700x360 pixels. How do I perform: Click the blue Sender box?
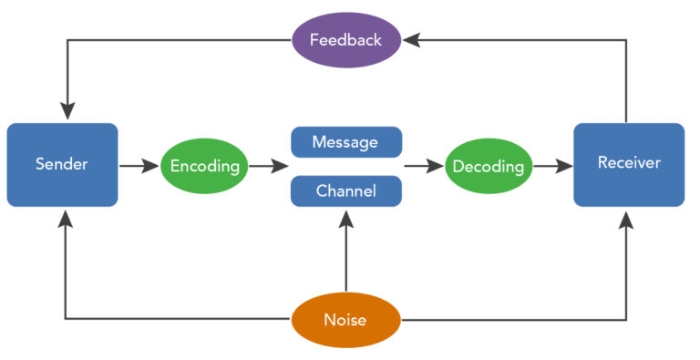[62, 165]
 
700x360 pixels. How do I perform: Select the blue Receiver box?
[629, 165]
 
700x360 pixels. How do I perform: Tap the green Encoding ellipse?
[204, 166]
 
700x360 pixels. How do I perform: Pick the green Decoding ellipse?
[489, 166]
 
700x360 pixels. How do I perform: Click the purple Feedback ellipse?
[345, 40]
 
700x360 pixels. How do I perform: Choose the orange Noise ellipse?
[345, 320]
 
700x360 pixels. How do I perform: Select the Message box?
[345, 142]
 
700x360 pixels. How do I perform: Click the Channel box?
[345, 191]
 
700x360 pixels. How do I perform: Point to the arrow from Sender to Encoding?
[139, 166]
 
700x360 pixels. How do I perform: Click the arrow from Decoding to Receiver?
[552, 166]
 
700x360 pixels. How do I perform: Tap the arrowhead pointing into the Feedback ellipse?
[411, 40]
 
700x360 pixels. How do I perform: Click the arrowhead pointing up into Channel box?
[345, 217]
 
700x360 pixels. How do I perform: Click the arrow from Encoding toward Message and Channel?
[268, 166]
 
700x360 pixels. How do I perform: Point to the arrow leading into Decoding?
[423, 166]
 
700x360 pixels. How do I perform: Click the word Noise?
[345, 320]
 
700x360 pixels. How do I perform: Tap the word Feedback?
[345, 40]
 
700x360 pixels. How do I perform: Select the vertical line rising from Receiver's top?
[626, 82]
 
